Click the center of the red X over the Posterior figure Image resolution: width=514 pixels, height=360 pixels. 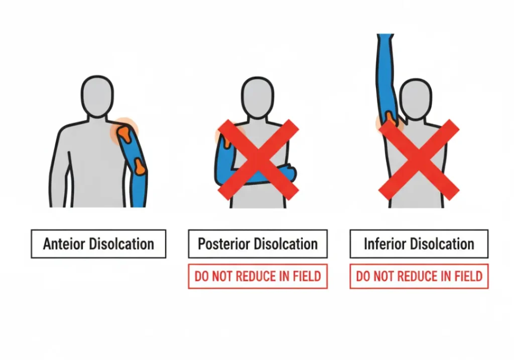(258, 160)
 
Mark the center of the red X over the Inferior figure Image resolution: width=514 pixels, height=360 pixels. (419, 160)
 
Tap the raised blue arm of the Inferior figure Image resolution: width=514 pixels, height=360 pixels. (387, 75)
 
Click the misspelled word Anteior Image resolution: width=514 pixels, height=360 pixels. (64, 244)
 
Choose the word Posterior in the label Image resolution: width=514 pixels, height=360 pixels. (224, 244)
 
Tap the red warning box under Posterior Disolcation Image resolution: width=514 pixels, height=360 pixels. (258, 276)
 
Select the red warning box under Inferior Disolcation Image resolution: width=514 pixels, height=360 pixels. (419, 276)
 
